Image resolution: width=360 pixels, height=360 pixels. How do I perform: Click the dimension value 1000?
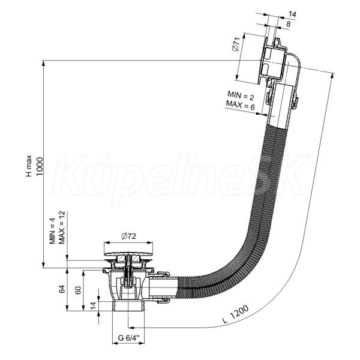coord(40,166)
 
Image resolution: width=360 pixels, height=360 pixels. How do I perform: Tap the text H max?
coord(29,166)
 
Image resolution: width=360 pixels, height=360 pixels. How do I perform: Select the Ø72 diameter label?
coord(128,236)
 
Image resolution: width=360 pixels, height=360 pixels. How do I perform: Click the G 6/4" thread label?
coord(128,338)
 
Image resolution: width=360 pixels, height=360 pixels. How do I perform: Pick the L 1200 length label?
coord(236,314)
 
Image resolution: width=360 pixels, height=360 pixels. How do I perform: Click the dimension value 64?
coord(62,289)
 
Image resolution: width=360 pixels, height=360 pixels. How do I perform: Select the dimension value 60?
coord(79,290)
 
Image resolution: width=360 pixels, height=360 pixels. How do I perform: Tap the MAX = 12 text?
coord(62,227)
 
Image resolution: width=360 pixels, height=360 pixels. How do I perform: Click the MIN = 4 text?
coord(53,231)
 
